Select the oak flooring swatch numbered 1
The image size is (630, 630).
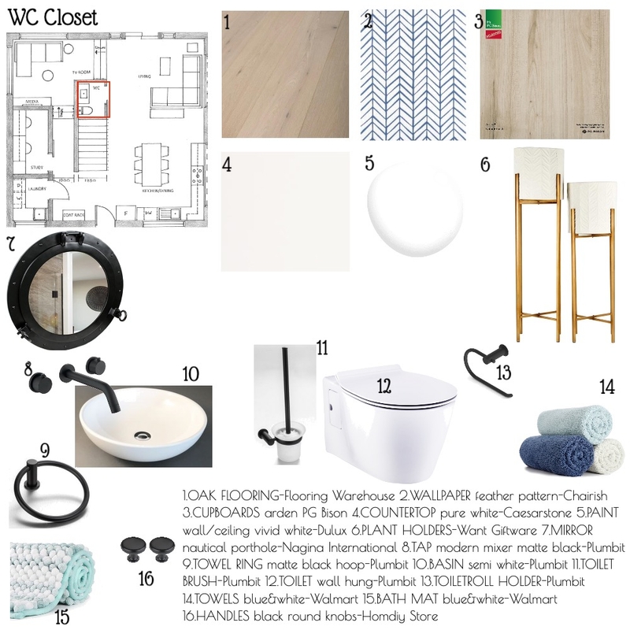point(285,74)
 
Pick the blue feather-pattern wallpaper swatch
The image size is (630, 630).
point(410,75)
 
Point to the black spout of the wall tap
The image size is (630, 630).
point(80,372)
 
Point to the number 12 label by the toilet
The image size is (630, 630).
point(384,386)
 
